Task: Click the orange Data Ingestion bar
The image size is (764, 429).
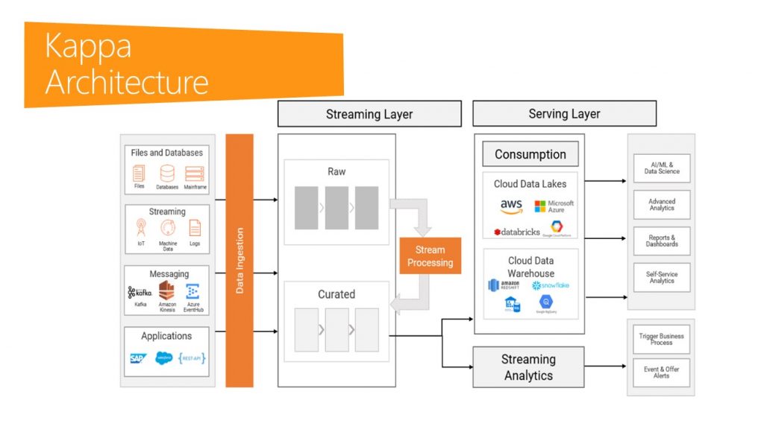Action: (239, 260)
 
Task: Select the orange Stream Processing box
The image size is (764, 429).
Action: (430, 255)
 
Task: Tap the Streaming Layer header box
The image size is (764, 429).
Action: (369, 114)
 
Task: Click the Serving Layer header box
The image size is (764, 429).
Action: (564, 113)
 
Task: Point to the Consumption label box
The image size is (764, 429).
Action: (530, 154)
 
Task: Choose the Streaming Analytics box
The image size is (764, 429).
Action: (528, 367)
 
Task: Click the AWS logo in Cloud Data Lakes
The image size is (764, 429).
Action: (511, 206)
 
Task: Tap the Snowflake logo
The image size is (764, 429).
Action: (551, 285)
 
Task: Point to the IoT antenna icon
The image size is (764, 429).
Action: (141, 228)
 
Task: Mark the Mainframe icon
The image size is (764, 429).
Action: (194, 174)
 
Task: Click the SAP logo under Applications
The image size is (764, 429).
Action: (138, 358)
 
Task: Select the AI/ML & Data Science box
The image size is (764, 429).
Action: (662, 168)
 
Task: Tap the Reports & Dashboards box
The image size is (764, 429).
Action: (662, 241)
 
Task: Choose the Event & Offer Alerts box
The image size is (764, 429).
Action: (662, 372)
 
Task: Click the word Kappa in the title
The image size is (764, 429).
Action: (88, 46)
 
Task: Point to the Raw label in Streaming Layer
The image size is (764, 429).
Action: (336, 171)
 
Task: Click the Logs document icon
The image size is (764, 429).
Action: (195, 228)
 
